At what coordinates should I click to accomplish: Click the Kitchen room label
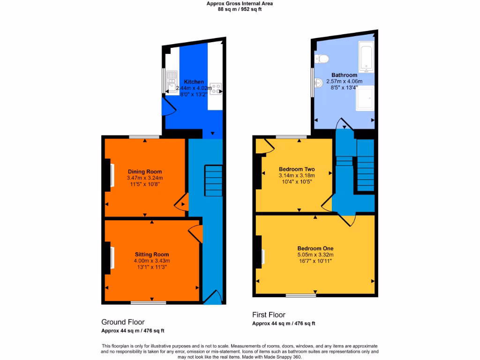tap(193, 82)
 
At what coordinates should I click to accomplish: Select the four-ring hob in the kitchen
tap(216, 88)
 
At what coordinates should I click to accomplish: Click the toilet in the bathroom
tap(322, 59)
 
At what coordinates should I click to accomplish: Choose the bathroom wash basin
tap(319, 83)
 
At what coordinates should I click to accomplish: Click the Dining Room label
tap(144, 171)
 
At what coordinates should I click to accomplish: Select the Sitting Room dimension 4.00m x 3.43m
tap(152, 261)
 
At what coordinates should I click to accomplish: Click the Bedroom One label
tap(315, 248)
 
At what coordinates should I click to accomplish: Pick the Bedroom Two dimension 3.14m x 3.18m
tap(296, 175)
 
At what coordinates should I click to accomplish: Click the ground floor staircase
tap(213, 180)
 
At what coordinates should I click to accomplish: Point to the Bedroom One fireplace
tap(261, 257)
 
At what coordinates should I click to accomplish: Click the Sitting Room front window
tap(148, 302)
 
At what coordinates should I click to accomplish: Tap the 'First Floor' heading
tap(269, 315)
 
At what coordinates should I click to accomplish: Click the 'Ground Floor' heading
tap(123, 322)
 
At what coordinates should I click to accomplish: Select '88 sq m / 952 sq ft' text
tap(240, 9)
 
